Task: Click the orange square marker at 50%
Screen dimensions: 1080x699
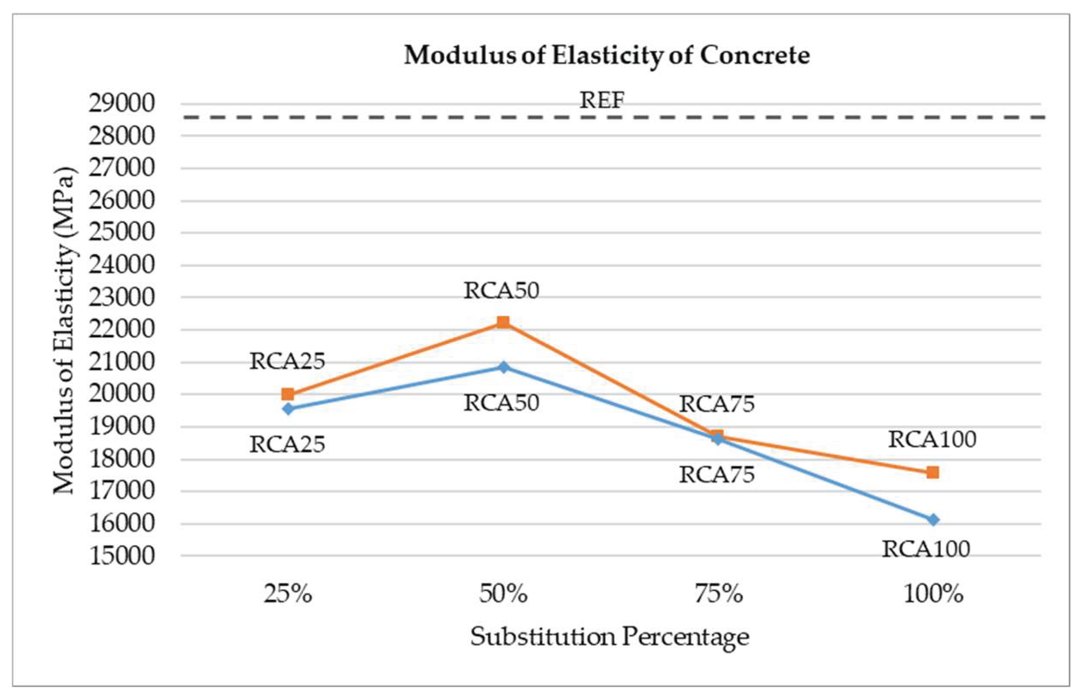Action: pos(503,322)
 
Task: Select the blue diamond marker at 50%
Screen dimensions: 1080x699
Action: pos(504,367)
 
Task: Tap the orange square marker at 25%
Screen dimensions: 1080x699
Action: pos(288,394)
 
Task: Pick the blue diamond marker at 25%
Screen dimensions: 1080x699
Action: pos(288,409)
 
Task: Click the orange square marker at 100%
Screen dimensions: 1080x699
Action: pos(932,472)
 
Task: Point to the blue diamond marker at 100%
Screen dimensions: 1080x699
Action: pos(933,520)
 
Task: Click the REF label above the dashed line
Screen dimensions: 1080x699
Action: pos(602,100)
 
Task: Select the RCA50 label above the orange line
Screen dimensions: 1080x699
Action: pos(501,291)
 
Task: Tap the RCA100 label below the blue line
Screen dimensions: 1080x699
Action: pos(926,549)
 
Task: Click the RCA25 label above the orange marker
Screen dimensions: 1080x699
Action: pos(287,361)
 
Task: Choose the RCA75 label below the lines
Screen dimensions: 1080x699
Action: pos(716,474)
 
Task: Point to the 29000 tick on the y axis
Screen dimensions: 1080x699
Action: pos(122,103)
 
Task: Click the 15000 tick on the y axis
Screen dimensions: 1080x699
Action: pos(122,556)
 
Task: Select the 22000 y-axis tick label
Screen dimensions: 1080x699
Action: pos(122,329)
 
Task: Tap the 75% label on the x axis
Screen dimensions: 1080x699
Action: pos(718,594)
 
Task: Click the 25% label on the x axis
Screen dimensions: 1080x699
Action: pos(288,594)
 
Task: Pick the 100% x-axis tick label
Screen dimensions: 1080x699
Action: pos(933,594)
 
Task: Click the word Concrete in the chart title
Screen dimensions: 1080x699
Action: pos(755,55)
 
